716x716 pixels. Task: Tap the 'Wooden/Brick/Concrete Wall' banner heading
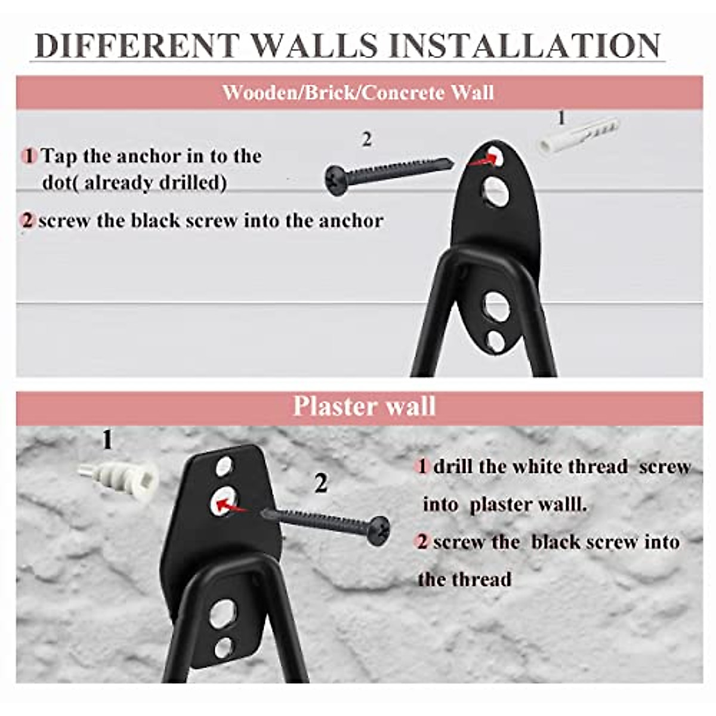click(358, 93)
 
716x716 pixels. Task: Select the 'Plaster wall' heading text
click(364, 406)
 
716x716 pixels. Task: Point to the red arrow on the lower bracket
click(231, 507)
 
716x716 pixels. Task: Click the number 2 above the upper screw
click(366, 140)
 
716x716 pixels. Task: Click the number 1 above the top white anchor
click(560, 118)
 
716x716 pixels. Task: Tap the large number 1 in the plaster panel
click(107, 440)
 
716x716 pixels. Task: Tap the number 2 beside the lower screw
click(321, 483)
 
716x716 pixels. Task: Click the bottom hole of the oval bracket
click(495, 341)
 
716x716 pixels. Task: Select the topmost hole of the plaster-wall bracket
click(224, 465)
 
